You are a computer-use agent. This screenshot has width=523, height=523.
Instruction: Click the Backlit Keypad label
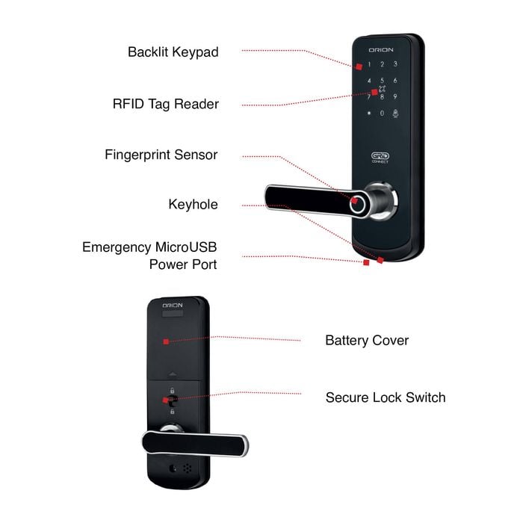[x=173, y=52]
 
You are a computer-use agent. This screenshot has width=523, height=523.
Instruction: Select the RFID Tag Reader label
[x=166, y=104]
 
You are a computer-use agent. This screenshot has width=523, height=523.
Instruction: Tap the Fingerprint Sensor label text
[x=161, y=155]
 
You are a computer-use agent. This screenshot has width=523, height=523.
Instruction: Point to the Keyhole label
[x=193, y=205]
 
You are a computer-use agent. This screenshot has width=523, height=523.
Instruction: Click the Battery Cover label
[x=367, y=341]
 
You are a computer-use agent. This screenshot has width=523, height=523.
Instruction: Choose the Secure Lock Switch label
[x=386, y=397]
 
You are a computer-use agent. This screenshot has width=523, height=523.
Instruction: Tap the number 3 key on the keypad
[x=395, y=64]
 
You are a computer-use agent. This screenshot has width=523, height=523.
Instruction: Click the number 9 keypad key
[x=395, y=96]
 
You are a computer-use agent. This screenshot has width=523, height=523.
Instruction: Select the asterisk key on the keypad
[x=369, y=113]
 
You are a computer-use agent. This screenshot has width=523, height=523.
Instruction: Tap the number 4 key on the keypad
[x=369, y=81]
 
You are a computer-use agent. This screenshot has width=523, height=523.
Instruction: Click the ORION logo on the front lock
[x=381, y=50]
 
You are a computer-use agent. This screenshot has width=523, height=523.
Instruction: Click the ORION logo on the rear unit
[x=173, y=306]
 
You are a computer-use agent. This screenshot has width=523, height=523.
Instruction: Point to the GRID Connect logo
[x=380, y=158]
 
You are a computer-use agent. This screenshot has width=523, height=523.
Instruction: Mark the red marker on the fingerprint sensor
[x=354, y=200]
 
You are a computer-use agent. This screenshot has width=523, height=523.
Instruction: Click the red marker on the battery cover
[x=166, y=341]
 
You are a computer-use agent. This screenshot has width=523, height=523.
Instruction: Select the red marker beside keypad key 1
[x=359, y=66]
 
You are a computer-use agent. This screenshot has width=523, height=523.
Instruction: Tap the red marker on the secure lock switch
[x=165, y=400]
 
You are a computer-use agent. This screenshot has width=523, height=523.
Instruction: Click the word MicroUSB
[x=186, y=247]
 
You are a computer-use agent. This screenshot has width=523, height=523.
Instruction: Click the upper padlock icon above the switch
[x=172, y=390]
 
